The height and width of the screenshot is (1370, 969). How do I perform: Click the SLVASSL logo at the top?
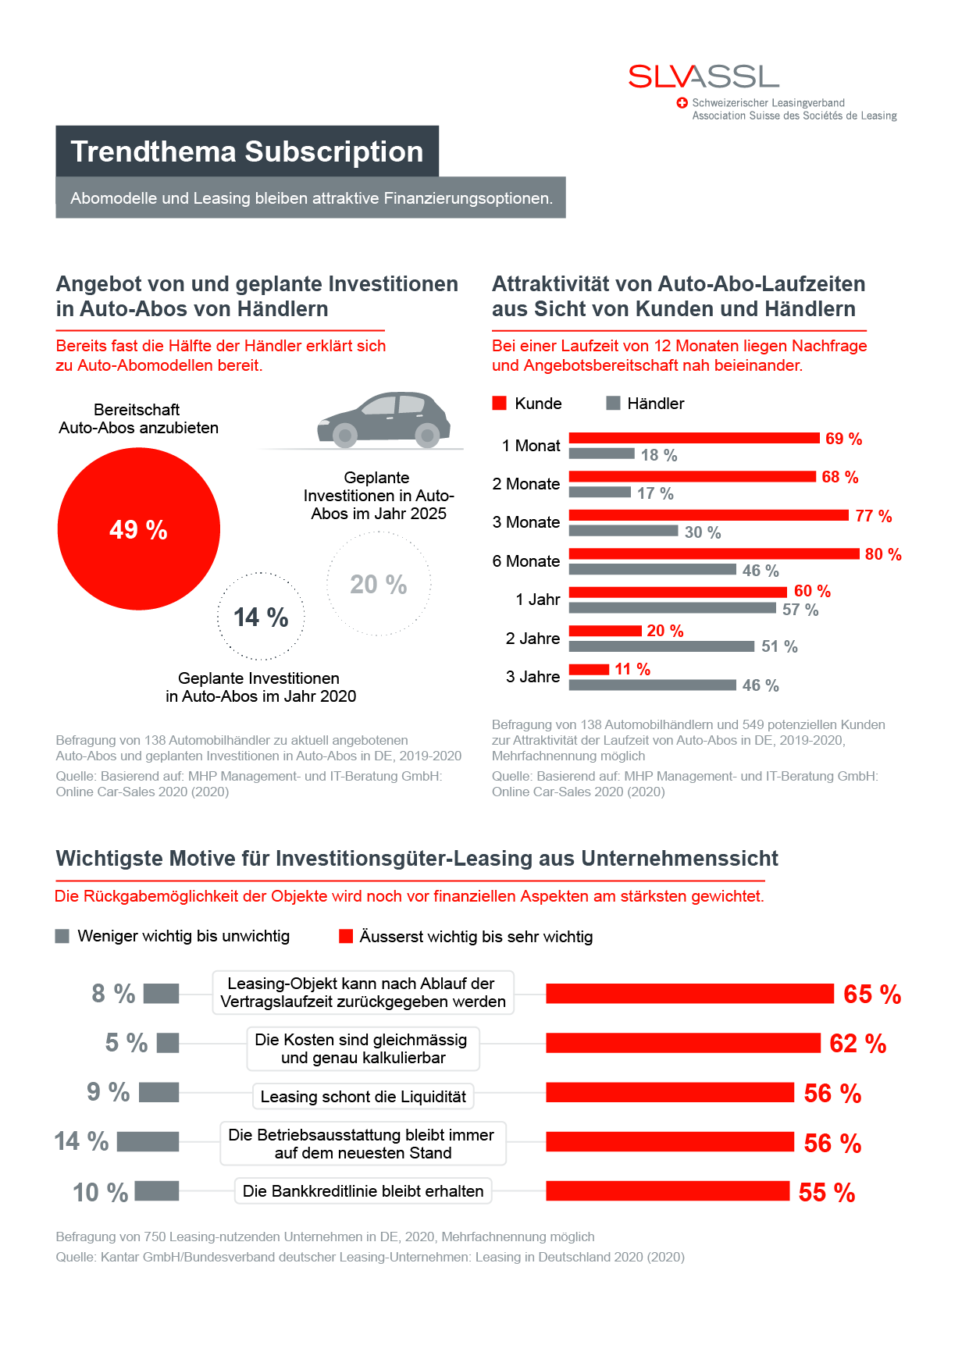(704, 77)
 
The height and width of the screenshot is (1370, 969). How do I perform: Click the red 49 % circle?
(139, 528)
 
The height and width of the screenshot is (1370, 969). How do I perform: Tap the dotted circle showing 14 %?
(261, 617)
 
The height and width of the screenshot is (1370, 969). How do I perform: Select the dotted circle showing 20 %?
(379, 584)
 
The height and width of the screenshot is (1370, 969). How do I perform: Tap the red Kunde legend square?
(500, 403)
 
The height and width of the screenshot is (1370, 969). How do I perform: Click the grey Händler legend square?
(613, 403)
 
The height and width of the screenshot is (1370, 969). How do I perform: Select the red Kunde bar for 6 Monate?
(714, 553)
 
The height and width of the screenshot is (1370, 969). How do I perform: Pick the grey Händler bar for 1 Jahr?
(672, 608)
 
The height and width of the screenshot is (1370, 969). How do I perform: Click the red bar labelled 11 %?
(589, 669)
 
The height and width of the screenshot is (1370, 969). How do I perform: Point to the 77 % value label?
(873, 516)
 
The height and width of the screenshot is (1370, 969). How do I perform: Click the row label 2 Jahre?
(533, 639)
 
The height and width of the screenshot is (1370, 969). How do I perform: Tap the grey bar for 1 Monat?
(601, 454)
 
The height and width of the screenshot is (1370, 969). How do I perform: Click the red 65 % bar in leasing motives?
(689, 994)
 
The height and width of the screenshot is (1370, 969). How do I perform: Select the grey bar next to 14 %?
(148, 1141)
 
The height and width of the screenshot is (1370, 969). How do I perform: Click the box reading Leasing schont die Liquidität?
(363, 1096)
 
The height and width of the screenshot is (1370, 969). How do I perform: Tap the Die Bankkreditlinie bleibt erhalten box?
(363, 1190)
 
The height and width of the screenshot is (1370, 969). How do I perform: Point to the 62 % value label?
(857, 1044)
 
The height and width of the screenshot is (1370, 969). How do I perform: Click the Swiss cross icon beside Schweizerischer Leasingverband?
(682, 103)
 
